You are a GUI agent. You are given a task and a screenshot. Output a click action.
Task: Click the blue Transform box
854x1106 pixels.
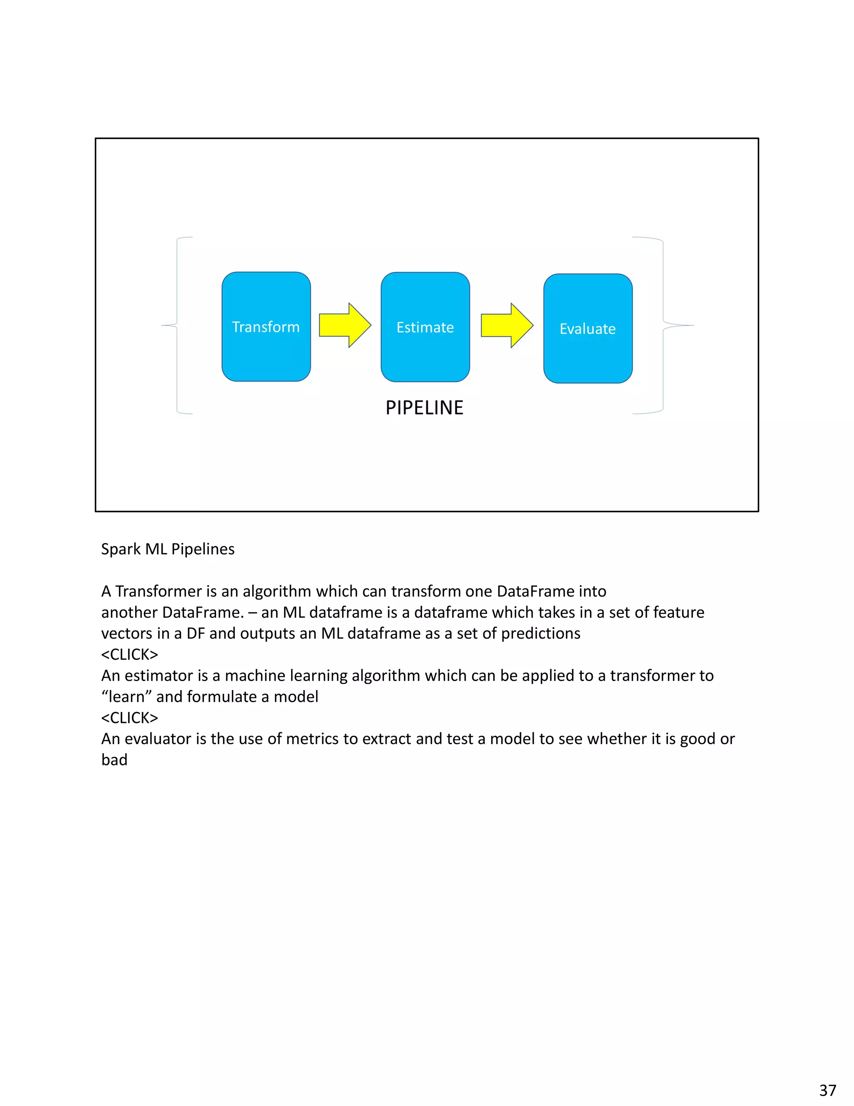(x=266, y=327)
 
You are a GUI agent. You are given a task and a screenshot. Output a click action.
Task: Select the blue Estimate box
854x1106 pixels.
(x=425, y=327)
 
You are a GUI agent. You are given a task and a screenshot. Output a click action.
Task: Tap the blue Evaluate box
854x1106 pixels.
(x=588, y=328)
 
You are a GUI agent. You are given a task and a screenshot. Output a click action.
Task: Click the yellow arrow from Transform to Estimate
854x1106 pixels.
(x=345, y=325)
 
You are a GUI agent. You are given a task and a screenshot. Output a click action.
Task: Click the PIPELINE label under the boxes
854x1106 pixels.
(x=424, y=408)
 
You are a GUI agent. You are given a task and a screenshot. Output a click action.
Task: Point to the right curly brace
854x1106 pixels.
(x=663, y=325)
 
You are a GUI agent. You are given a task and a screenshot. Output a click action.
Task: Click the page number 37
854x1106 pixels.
(x=828, y=1089)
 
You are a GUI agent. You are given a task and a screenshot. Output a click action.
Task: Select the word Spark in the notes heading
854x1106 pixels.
(x=121, y=549)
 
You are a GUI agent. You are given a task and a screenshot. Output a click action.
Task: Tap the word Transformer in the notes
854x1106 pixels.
(x=158, y=591)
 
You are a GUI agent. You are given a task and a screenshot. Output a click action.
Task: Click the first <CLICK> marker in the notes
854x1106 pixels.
(x=130, y=654)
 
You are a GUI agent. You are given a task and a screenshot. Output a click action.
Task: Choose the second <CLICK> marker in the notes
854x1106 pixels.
(x=130, y=717)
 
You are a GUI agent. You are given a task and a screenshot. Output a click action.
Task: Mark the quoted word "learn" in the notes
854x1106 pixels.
(x=126, y=697)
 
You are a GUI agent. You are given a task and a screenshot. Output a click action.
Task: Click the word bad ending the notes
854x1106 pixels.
(x=114, y=760)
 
